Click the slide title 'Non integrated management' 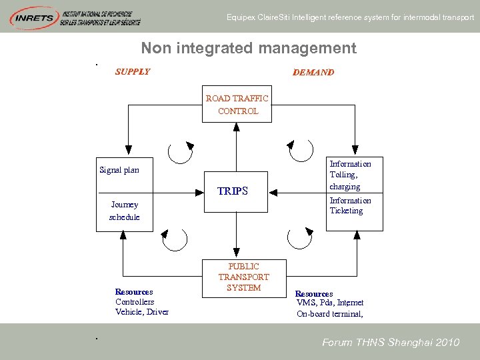pyautogui.click(x=249, y=48)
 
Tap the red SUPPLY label pyautogui.click(x=133, y=72)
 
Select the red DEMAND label pyautogui.click(x=313, y=72)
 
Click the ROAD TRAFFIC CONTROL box pyautogui.click(x=237, y=105)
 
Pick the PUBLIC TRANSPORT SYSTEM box pyautogui.click(x=243, y=277)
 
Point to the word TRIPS pyautogui.click(x=233, y=191)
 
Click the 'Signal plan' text pyautogui.click(x=119, y=170)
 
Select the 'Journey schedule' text pyautogui.click(x=125, y=211)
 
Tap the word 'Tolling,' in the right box pyautogui.click(x=343, y=175)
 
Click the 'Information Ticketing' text pyautogui.click(x=349, y=205)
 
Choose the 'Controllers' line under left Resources pyautogui.click(x=135, y=302)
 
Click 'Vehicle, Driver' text pyautogui.click(x=142, y=312)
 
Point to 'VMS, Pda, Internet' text pyautogui.click(x=330, y=303)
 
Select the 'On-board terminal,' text pyautogui.click(x=330, y=313)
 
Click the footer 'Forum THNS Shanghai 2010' pyautogui.click(x=391, y=343)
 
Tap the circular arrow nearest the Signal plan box pyautogui.click(x=180, y=152)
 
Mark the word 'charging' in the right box pyautogui.click(x=345, y=187)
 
